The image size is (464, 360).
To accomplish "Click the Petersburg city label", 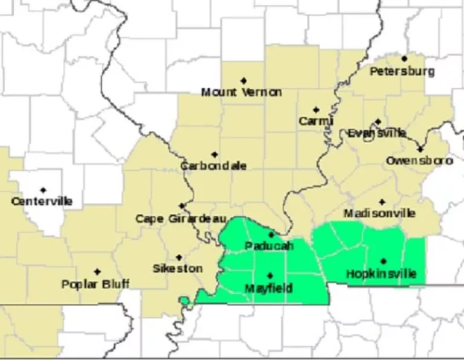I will [402, 71].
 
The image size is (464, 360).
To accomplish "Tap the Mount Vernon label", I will [241, 92].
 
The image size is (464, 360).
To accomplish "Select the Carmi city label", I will [316, 121].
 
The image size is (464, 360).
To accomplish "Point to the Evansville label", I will [377, 133].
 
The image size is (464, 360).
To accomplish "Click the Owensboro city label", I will [419, 161].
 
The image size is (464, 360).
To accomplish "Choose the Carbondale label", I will [213, 166].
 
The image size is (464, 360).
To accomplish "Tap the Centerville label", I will [42, 201].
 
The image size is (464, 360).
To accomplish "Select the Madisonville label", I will [379, 213].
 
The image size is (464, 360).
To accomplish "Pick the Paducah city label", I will [269, 246].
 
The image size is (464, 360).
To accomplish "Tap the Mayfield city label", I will [268, 288].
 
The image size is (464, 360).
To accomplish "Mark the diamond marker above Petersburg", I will [404, 59].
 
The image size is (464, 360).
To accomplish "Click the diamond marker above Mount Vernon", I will [243, 80].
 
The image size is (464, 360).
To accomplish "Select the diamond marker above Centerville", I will [43, 190].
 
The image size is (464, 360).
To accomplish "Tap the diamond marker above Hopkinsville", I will [383, 261].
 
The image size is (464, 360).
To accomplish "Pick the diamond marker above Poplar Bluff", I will [97, 271].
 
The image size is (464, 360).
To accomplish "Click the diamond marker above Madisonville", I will [382, 202].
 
